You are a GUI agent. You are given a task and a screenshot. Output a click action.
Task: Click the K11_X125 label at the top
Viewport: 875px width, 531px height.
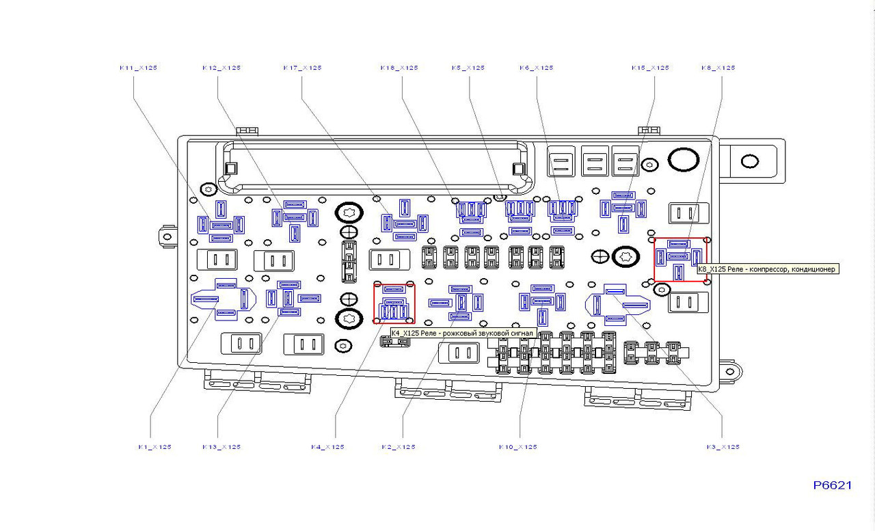[138, 68]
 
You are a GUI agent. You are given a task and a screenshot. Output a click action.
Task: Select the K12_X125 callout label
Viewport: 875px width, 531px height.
[221, 68]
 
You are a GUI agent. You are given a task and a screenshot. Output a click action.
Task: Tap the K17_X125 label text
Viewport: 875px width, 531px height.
[302, 68]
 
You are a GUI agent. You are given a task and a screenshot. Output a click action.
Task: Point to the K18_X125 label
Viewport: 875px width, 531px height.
[399, 68]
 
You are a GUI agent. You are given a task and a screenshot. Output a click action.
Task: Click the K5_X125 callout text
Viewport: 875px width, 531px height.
[468, 68]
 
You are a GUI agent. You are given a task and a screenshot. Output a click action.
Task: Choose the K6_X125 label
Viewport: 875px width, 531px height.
[537, 68]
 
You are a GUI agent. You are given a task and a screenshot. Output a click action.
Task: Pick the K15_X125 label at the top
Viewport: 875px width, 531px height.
[650, 68]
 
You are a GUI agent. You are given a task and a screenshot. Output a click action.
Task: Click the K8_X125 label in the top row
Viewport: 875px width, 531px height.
[718, 68]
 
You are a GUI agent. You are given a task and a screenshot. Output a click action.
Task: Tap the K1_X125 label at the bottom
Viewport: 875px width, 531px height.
[154, 447]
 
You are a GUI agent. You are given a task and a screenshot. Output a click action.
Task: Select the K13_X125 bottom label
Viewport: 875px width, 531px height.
[221, 447]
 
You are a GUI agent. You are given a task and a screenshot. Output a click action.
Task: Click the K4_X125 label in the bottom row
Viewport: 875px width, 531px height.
[327, 447]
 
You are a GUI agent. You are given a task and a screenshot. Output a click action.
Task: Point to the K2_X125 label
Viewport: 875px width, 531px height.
[399, 447]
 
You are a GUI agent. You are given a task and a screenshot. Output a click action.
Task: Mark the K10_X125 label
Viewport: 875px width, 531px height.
[517, 447]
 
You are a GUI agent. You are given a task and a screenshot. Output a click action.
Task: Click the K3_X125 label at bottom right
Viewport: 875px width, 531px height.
[723, 447]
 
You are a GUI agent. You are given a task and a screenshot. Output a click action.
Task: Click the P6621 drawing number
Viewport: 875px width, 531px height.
[833, 485]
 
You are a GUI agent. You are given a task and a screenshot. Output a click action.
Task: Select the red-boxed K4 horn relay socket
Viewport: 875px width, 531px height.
[394, 303]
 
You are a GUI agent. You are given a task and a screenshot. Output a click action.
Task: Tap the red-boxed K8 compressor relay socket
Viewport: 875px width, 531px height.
[680, 259]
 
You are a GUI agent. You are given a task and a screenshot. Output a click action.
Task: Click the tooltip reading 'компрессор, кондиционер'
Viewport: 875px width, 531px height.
[767, 269]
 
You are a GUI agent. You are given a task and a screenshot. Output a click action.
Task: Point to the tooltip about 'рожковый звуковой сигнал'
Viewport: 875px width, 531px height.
[461, 333]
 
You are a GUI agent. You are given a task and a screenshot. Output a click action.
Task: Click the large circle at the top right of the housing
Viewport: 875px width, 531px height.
[683, 160]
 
